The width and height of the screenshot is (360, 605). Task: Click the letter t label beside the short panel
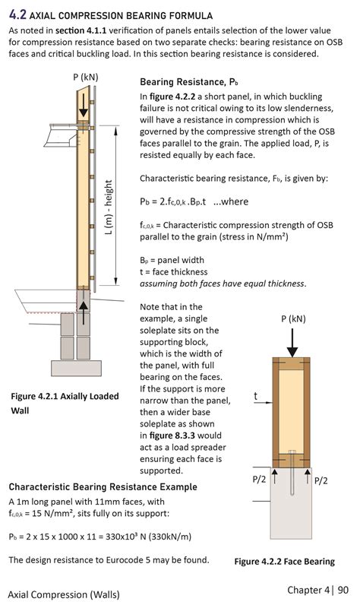[256, 396]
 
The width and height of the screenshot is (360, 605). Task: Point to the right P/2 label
[321, 480]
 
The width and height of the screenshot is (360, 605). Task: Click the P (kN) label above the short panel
[292, 318]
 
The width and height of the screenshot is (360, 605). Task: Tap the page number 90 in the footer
[343, 590]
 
